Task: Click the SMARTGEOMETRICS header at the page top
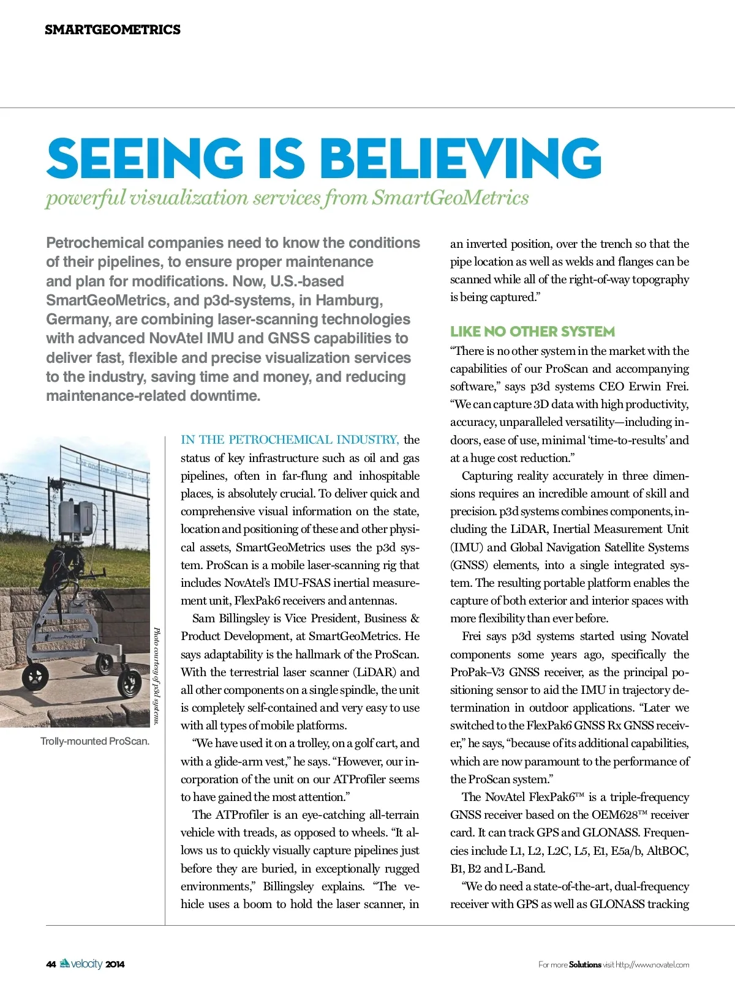tap(113, 29)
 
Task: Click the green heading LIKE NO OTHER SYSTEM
tap(532, 332)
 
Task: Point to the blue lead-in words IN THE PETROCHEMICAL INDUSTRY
tap(290, 439)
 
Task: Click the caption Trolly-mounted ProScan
tap(95, 741)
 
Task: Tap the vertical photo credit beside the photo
tap(157, 676)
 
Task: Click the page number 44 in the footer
tap(51, 964)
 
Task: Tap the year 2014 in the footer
tap(115, 964)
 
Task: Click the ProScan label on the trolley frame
tap(72, 636)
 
